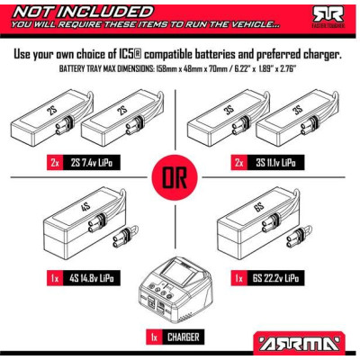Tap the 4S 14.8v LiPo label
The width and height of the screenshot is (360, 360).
click(x=90, y=280)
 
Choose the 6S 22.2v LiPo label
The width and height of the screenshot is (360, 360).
click(x=273, y=280)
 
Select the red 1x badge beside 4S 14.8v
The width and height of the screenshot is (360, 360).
click(x=53, y=280)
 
